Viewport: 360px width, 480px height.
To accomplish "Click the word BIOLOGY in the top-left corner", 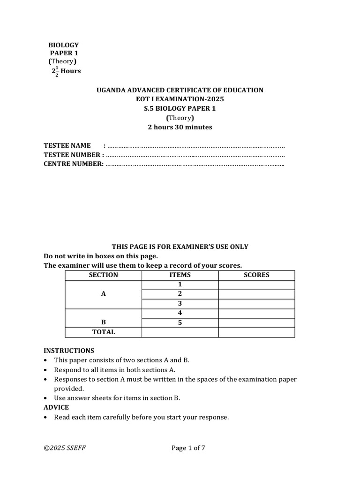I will point(64,45).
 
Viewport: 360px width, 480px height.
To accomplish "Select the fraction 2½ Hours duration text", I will point(66,71).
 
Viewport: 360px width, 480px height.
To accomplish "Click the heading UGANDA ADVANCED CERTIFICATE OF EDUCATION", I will point(180,90).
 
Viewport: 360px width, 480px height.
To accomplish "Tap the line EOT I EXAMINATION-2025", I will point(180,99).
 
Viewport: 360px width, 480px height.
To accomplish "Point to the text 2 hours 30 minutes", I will point(180,127).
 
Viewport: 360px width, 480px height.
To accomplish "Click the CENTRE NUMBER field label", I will point(73,164).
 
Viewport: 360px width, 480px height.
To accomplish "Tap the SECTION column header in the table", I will point(103,275).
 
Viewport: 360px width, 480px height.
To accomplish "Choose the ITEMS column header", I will point(180,275).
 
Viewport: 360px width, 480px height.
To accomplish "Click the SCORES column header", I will point(256,275).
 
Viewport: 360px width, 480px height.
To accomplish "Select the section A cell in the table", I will point(103,294).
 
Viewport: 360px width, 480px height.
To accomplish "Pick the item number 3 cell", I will point(180,304).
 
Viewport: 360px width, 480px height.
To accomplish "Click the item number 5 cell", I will point(180,323).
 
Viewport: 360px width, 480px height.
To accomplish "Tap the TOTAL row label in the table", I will point(103,332).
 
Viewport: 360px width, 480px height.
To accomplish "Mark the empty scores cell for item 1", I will point(256,285).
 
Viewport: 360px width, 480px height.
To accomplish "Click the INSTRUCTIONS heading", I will point(69,351).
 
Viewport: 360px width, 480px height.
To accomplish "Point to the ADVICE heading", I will point(56,407).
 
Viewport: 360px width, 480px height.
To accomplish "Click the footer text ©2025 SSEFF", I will point(65,448).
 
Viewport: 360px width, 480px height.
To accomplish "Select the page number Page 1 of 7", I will point(188,448).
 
